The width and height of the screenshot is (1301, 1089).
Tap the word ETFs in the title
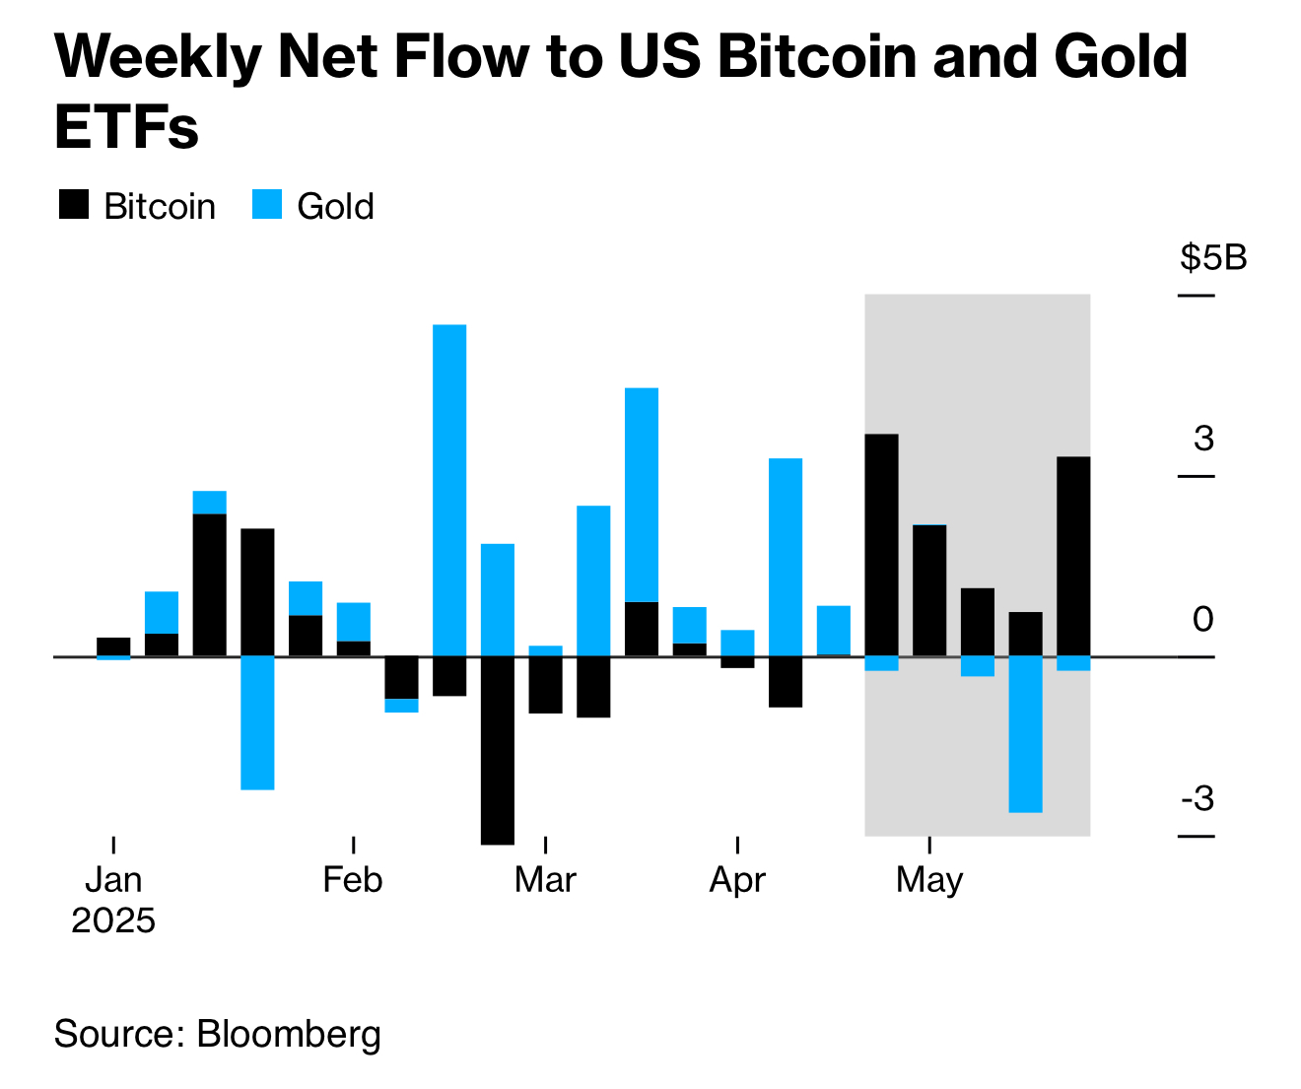(126, 127)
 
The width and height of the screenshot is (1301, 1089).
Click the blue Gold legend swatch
(267, 205)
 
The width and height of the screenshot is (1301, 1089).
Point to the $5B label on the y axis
(1213, 258)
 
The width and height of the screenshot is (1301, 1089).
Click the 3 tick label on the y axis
(1203, 438)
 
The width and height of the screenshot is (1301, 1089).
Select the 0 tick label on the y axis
(1203, 619)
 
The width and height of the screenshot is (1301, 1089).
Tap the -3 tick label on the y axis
(1198, 798)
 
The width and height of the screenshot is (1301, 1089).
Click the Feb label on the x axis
(353, 879)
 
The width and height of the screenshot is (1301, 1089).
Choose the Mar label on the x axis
(545, 879)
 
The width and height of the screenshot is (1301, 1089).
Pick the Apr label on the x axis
(737, 879)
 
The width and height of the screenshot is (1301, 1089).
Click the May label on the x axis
(929, 879)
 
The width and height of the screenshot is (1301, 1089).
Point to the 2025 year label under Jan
(113, 920)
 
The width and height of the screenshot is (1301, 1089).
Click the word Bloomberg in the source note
(289, 1034)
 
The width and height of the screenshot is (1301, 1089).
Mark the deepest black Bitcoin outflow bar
(498, 749)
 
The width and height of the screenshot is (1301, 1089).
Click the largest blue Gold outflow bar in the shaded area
(1025, 734)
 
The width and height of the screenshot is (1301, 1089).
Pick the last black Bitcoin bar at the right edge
(1073, 556)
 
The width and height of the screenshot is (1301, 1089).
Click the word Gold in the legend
(335, 206)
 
